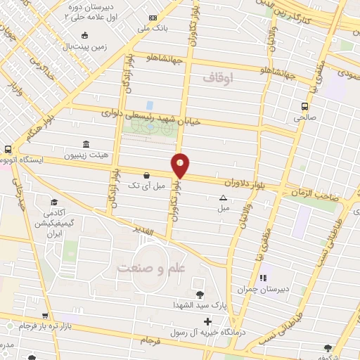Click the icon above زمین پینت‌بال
[85, 35]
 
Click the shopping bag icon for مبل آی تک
[146, 175]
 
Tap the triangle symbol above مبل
[223, 198]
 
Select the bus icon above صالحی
[304, 107]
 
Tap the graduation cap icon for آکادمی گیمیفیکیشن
[53, 202]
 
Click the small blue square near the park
[149, 105]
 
